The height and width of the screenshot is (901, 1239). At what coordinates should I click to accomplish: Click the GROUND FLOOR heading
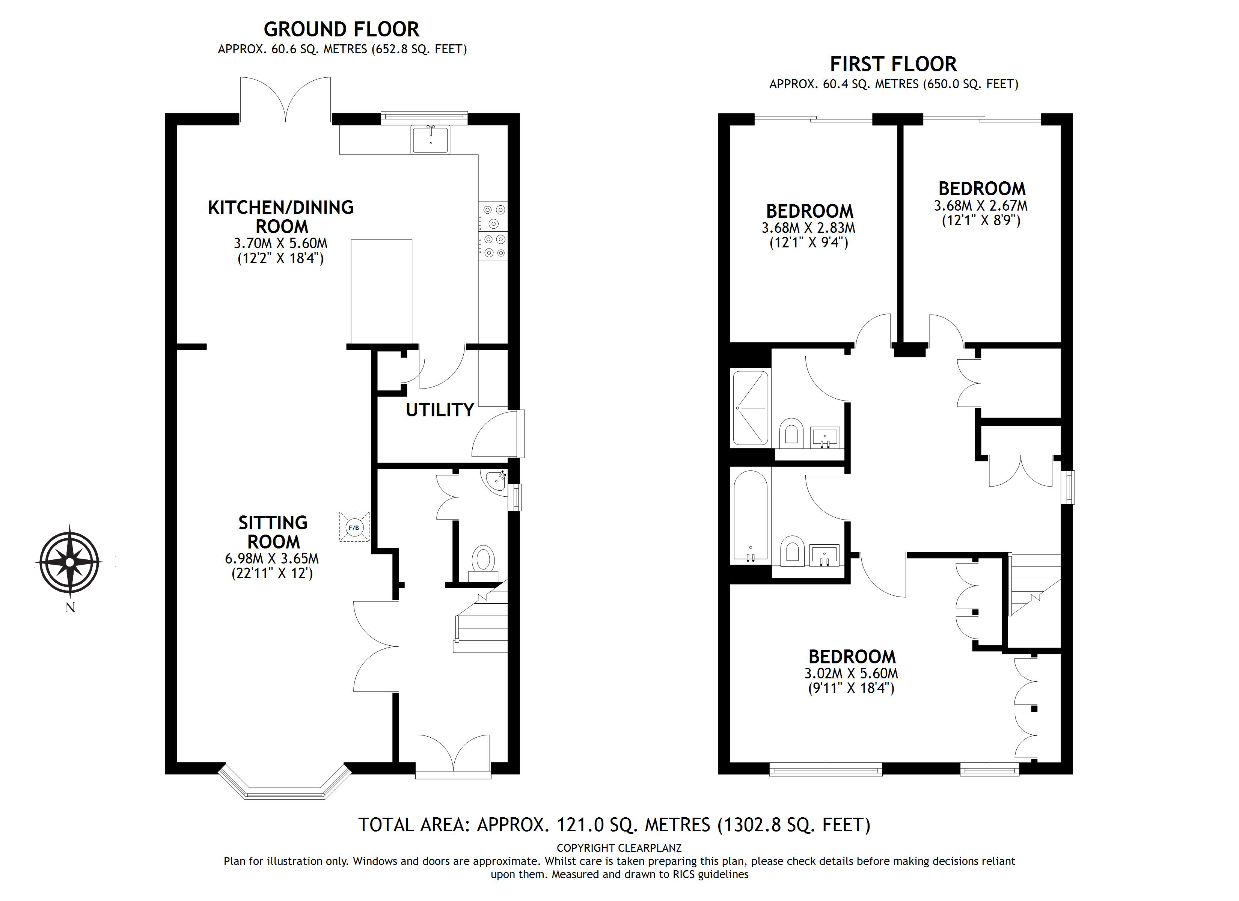[x=341, y=29]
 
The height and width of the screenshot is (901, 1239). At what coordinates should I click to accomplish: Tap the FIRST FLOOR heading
[x=893, y=65]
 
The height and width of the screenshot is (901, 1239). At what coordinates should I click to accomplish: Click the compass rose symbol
[x=69, y=562]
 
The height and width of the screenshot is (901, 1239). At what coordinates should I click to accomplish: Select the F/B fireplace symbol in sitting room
[x=354, y=527]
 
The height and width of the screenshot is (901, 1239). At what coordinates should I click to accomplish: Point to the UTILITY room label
[x=439, y=410]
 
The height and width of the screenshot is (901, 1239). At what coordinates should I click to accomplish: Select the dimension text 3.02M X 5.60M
[x=851, y=674]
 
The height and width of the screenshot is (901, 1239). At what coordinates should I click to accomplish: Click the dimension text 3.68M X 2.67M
[x=981, y=206]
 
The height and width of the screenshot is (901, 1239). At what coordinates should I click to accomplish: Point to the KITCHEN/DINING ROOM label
[x=281, y=216]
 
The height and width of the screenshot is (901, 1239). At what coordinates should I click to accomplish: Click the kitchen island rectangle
[x=381, y=291]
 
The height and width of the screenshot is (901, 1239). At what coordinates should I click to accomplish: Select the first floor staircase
[x=1034, y=588]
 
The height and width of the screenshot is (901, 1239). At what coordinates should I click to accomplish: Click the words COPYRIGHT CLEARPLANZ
[x=619, y=848]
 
